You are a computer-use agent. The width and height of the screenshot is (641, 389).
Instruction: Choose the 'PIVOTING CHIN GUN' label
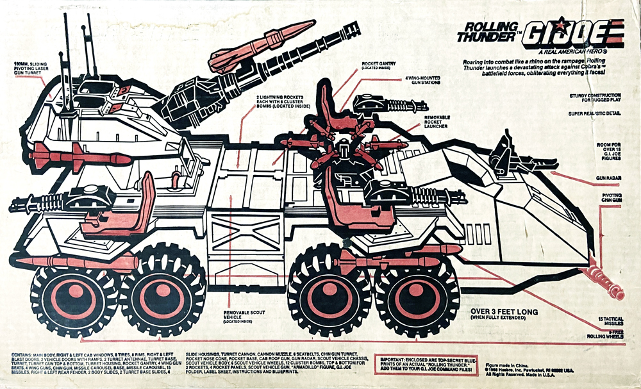point(616,197)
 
